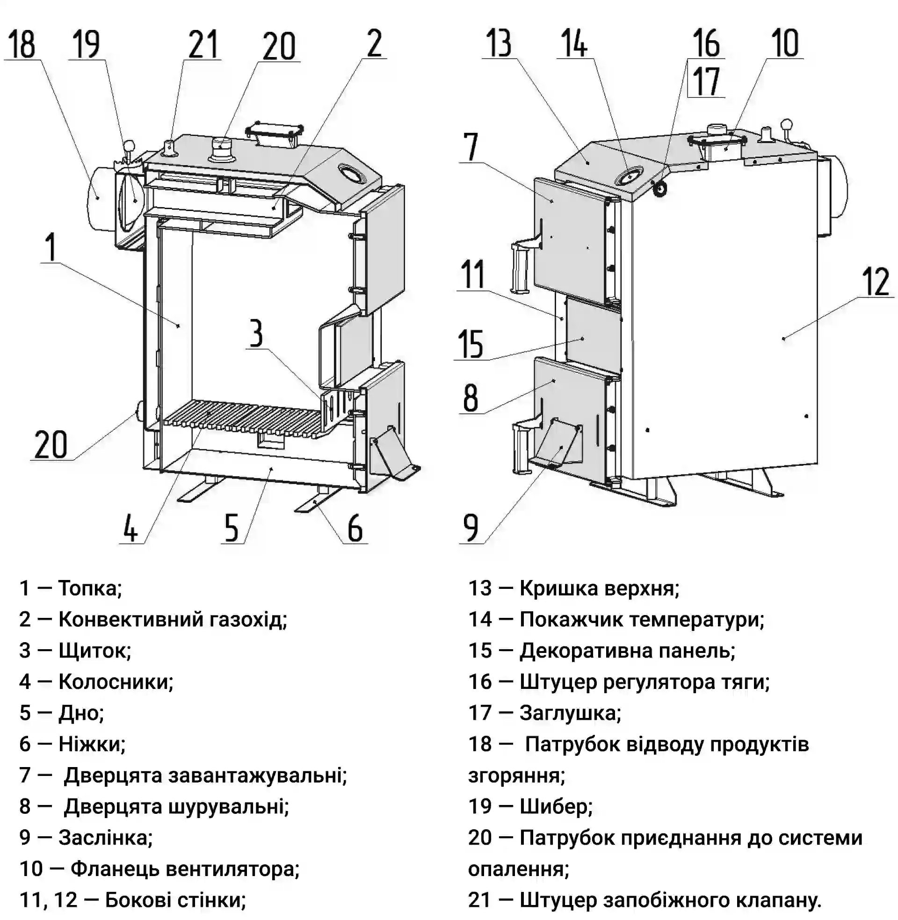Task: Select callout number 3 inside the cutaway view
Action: pyautogui.click(x=256, y=333)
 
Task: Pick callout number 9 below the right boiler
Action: pyautogui.click(x=471, y=528)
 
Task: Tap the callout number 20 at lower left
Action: pyautogui.click(x=51, y=444)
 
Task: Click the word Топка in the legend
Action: pyautogui.click(x=90, y=588)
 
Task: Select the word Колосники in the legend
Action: pyautogui.click(x=116, y=682)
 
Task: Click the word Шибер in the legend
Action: pyautogui.click(x=556, y=806)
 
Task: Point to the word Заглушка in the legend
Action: pyautogui.click(x=570, y=713)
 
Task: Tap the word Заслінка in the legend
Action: pyautogui.click(x=105, y=838)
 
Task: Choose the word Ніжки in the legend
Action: pyautogui.click(x=92, y=744)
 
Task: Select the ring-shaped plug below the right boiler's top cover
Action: pyautogui.click(x=660, y=189)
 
